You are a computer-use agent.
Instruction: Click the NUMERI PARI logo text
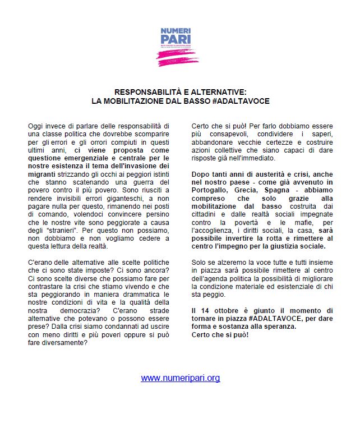pyautogui.click(x=176, y=35)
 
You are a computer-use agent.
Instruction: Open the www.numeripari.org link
pyautogui.click(x=180, y=378)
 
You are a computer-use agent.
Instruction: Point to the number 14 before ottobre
pyautogui.click(x=202, y=310)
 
